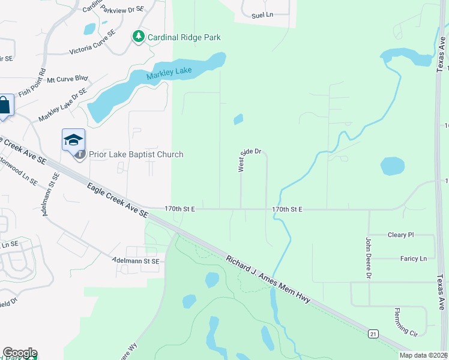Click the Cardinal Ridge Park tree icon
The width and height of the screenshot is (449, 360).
click(139, 37)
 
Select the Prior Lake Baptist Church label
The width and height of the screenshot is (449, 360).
click(136, 155)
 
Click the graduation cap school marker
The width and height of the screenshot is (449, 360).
click(73, 140)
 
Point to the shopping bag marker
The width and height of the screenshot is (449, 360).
click(5, 106)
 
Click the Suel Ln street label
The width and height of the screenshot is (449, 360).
click(262, 16)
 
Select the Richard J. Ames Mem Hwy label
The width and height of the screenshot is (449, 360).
click(268, 279)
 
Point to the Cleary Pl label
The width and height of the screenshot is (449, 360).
click(401, 235)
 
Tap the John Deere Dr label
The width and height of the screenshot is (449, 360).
click(369, 258)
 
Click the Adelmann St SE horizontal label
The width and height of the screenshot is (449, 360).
click(136, 261)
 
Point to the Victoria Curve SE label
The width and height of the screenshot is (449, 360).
click(92, 41)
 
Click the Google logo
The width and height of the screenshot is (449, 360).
click(19, 353)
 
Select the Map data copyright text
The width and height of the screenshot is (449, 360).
click(423, 355)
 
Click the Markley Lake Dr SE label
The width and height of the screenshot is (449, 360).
click(62, 105)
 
